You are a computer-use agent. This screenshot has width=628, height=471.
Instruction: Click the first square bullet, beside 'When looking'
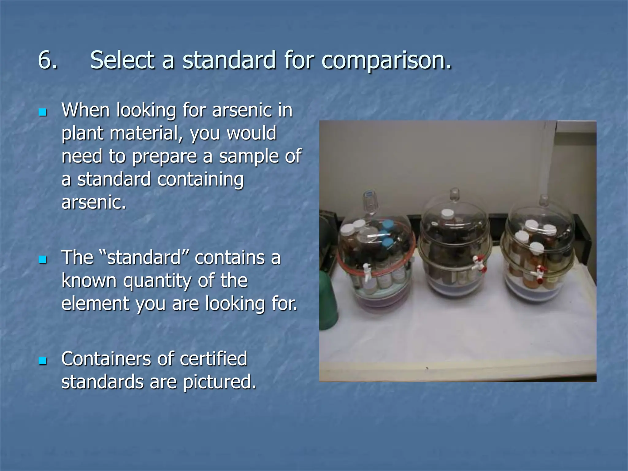tap(43, 112)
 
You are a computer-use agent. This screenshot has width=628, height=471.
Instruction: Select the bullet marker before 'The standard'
tap(43, 260)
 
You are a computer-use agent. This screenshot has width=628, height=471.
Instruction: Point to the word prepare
tap(164, 157)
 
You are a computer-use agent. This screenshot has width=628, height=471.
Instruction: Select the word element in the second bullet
tap(95, 303)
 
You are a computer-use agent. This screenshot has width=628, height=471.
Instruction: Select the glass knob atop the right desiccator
tap(544, 200)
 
